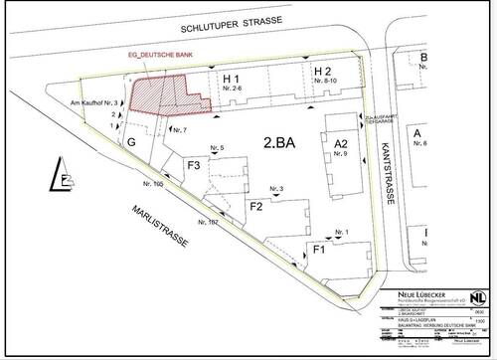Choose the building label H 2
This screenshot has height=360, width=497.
(x=321, y=73)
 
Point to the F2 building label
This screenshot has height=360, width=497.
(x=255, y=206)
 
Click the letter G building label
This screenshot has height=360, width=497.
(x=130, y=143)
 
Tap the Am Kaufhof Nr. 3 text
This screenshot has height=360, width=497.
(x=94, y=103)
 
